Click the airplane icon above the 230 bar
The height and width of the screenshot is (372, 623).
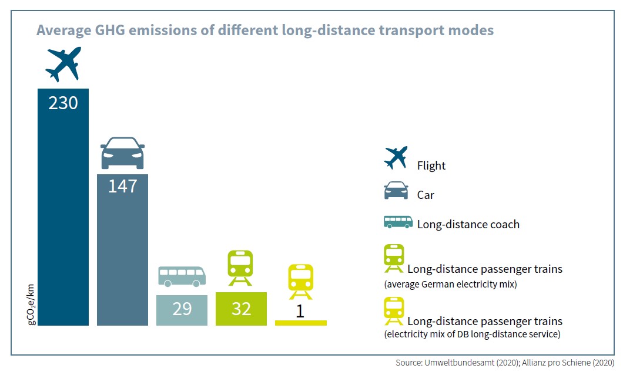click(63, 64)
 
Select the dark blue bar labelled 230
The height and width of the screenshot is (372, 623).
click(63, 207)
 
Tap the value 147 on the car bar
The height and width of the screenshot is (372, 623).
click(123, 186)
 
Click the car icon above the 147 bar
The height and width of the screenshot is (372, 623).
click(122, 153)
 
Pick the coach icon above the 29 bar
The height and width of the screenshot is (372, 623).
click(182, 276)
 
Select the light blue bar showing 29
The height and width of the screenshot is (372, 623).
click(182, 310)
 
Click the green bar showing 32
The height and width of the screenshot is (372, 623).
click(241, 309)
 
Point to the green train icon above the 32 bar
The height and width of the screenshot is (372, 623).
click(240, 268)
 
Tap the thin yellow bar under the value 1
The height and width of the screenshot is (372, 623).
click(301, 323)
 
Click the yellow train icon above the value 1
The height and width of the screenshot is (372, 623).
click(301, 282)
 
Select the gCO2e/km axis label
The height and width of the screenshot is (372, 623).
click(31, 305)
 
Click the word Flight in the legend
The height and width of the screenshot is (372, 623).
click(431, 165)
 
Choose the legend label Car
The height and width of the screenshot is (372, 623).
click(426, 195)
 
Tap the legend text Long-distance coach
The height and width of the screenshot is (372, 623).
click(468, 225)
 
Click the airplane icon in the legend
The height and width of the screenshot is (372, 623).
click(396, 157)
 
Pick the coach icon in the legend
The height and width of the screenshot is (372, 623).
click(398, 222)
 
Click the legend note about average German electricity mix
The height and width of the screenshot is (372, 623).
click(450, 285)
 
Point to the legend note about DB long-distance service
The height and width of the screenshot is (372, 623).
click(472, 334)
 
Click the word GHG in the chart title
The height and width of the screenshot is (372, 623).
click(110, 30)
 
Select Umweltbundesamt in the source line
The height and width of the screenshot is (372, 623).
click(459, 363)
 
